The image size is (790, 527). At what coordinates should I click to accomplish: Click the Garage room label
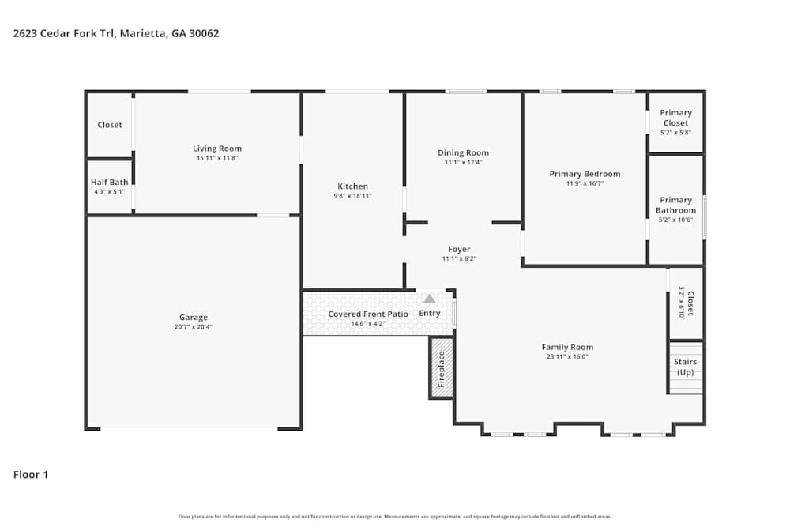(193, 318)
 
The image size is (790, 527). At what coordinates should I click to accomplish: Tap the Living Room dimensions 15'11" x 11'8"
(217, 158)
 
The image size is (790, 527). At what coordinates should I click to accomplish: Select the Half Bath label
(109, 182)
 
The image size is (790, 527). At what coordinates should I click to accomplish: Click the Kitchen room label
(352, 186)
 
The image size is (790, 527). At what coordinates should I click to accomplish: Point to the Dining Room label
(464, 152)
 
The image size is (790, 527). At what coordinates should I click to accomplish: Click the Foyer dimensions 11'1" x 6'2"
(459, 258)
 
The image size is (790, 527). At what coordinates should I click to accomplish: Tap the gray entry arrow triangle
(429, 299)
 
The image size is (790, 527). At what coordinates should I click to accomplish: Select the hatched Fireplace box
(441, 367)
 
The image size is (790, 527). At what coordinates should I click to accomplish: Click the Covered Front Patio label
(368, 314)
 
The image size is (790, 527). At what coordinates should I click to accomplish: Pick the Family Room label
(567, 347)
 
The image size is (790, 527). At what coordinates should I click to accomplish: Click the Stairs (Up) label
(685, 367)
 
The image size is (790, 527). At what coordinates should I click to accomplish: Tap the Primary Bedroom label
(585, 174)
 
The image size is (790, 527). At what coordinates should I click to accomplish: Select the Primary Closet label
(675, 118)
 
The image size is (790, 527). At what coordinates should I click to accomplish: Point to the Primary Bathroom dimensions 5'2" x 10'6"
(675, 220)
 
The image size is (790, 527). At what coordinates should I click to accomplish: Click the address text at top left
(116, 33)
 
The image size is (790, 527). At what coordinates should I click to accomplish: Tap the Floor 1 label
(31, 475)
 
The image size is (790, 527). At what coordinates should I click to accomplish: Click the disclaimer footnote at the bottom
(394, 517)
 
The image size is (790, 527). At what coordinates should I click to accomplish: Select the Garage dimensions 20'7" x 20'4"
(193, 327)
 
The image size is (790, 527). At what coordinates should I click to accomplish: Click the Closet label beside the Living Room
(110, 125)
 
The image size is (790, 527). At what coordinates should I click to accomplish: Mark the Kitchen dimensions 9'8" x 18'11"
(352, 196)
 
